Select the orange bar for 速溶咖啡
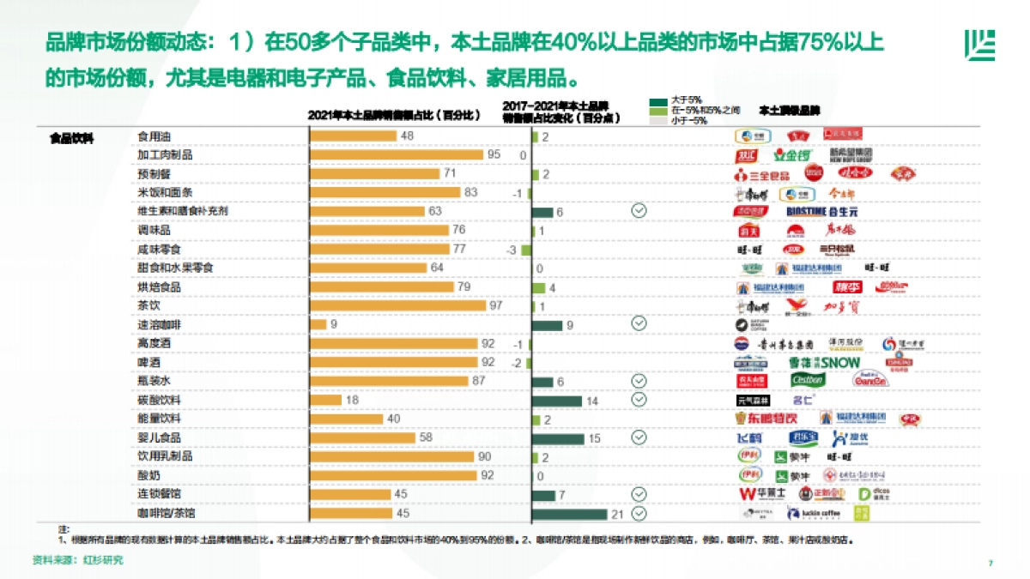318,324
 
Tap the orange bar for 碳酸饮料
326,400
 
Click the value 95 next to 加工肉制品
494,154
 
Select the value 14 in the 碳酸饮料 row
591,401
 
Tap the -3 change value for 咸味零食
512,250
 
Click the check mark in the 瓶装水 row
639,381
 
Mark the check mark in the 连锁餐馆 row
639,494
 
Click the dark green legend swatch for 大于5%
659,102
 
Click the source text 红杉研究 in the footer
104,560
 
